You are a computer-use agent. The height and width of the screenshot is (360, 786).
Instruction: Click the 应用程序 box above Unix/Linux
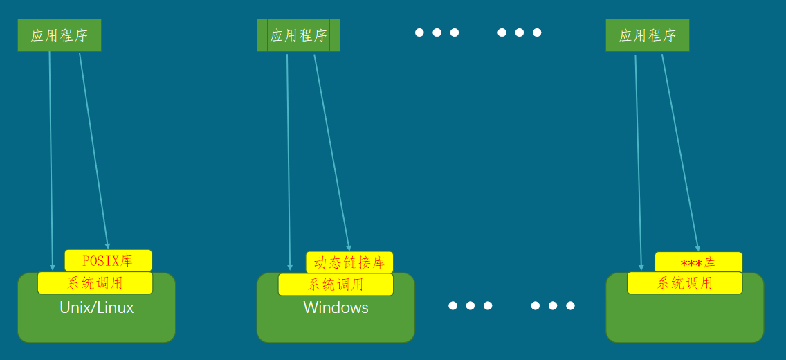coord(60,35)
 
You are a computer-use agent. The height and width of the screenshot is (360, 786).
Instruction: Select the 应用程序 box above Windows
coord(298,35)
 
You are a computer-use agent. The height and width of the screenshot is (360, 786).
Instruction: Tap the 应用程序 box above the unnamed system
coord(647,35)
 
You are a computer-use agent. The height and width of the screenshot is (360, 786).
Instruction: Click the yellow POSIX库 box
coord(108,260)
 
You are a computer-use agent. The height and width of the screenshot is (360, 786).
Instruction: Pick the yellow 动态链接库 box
coord(349,262)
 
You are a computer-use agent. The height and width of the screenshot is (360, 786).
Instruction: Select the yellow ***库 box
coord(698,262)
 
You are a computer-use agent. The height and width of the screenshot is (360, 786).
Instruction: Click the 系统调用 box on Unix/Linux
coord(95,282)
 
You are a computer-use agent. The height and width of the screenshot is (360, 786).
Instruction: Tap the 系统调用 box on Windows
coord(336,284)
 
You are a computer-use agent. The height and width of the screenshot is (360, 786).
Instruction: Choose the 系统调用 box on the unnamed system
coord(684,282)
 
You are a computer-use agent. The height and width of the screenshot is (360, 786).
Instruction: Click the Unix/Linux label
coord(97,307)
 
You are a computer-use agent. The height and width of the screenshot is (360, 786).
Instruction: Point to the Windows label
coord(336,307)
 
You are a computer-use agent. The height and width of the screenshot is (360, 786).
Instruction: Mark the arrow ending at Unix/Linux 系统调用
coord(51,159)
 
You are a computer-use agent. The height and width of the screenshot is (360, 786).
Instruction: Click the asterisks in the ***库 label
coord(691,264)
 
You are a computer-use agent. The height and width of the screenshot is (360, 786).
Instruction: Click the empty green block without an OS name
coord(684,318)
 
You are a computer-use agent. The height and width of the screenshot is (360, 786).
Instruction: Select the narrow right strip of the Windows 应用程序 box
coord(335,35)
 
